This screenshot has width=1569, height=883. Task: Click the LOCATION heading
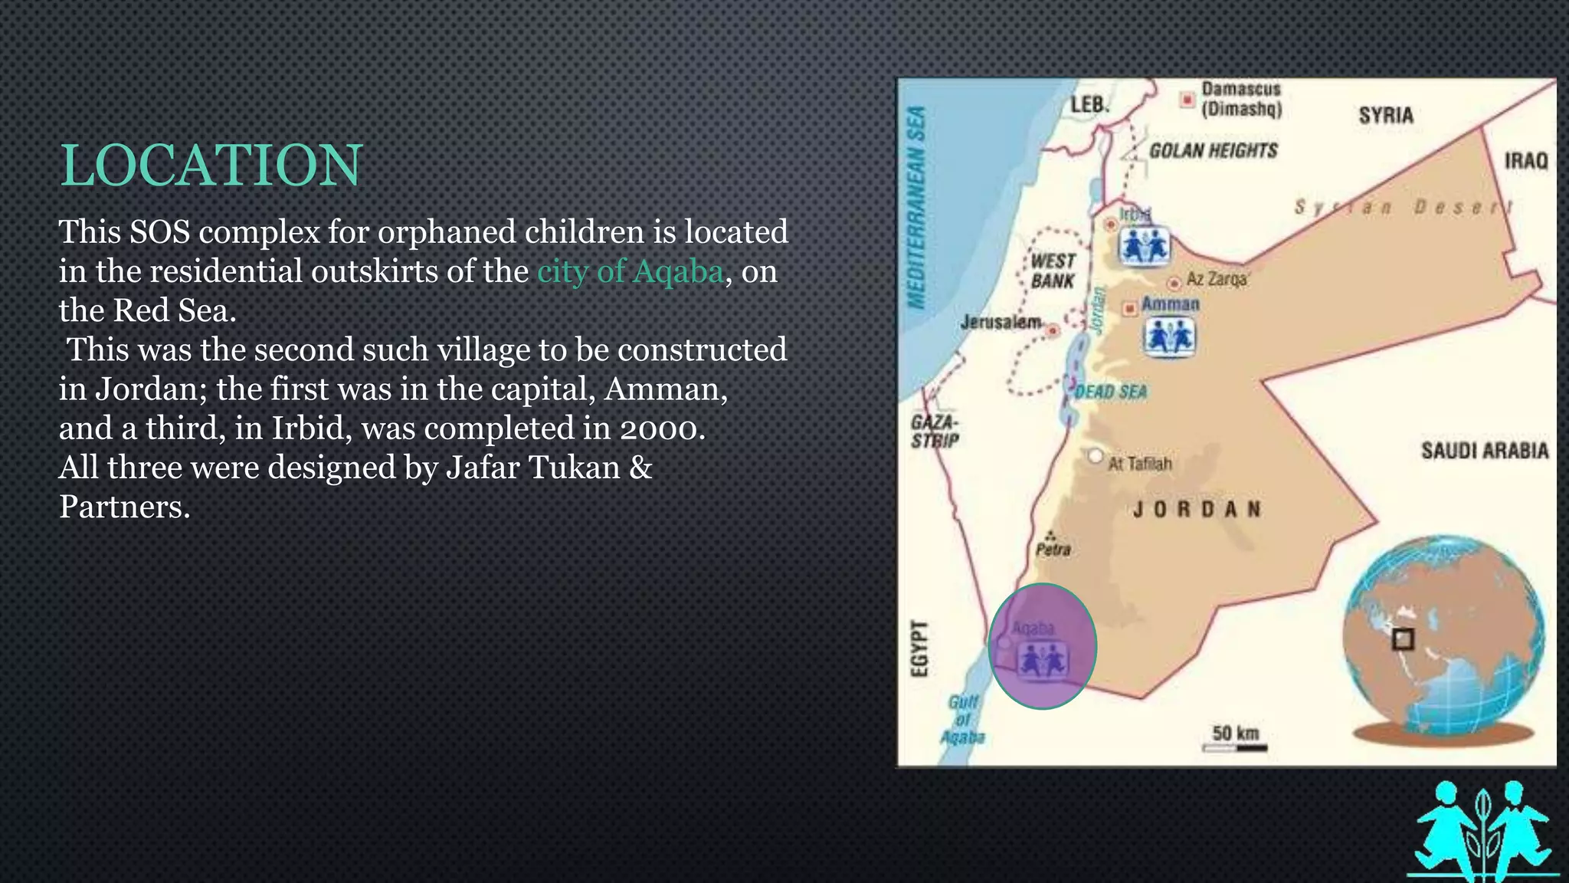[211, 166]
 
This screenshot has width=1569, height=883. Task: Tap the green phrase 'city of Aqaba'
[630, 271]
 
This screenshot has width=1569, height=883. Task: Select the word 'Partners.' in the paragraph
[124, 507]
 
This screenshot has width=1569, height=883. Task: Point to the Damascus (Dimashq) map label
[1241, 100]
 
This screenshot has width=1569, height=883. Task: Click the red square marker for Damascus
[1187, 100]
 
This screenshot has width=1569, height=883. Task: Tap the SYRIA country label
[1385, 116]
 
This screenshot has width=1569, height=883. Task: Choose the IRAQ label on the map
[1525, 161]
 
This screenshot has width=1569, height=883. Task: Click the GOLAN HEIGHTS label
[1213, 150]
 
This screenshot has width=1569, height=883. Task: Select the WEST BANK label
[1053, 271]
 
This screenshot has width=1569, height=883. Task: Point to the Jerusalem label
[1001, 322]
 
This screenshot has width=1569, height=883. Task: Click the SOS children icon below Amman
[1169, 337]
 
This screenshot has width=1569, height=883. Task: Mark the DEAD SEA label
[1110, 392]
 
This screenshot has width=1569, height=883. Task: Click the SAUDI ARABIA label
[1484, 451]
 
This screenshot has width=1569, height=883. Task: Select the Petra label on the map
[1053, 550]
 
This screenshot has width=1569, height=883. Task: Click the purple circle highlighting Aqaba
[1042, 645]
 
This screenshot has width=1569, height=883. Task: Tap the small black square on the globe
[1403, 639]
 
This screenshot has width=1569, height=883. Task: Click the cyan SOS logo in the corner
[1483, 830]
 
